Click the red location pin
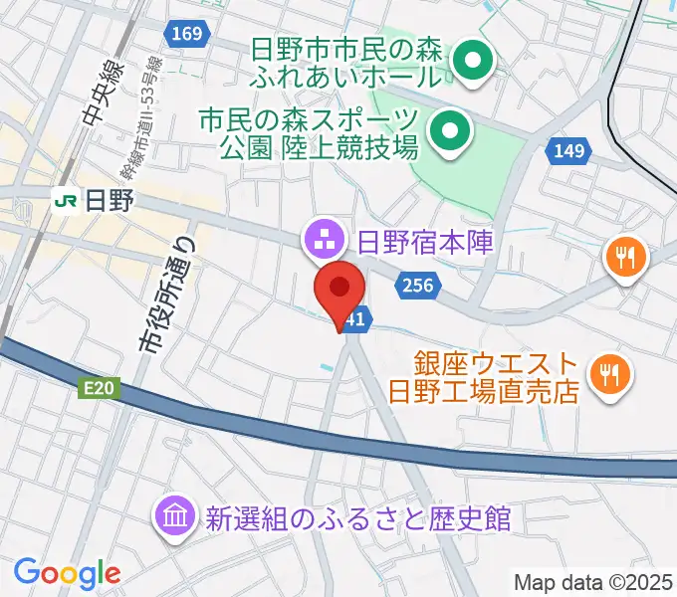(339, 290)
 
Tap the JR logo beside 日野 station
(67, 200)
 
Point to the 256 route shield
(418, 287)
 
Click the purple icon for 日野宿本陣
(323, 240)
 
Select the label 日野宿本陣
(425, 242)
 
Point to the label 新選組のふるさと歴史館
(357, 518)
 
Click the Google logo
(67, 573)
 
